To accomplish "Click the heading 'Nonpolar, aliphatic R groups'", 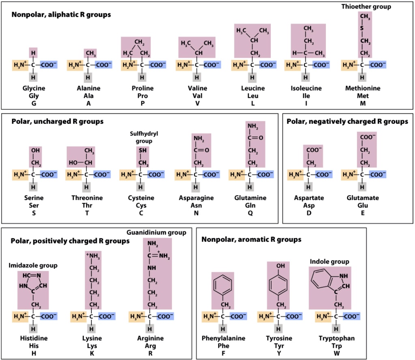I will point(61,15).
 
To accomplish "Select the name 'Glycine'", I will point(34,88).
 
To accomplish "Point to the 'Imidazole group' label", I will point(33,265).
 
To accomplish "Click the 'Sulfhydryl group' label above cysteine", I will point(141,137).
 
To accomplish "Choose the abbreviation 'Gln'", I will point(250,206).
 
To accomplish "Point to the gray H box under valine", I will point(197,77).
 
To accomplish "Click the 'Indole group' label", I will point(329,262).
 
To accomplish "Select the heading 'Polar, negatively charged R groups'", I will point(347,121).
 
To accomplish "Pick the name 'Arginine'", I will point(150,338).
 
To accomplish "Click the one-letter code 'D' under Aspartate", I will point(308,213).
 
